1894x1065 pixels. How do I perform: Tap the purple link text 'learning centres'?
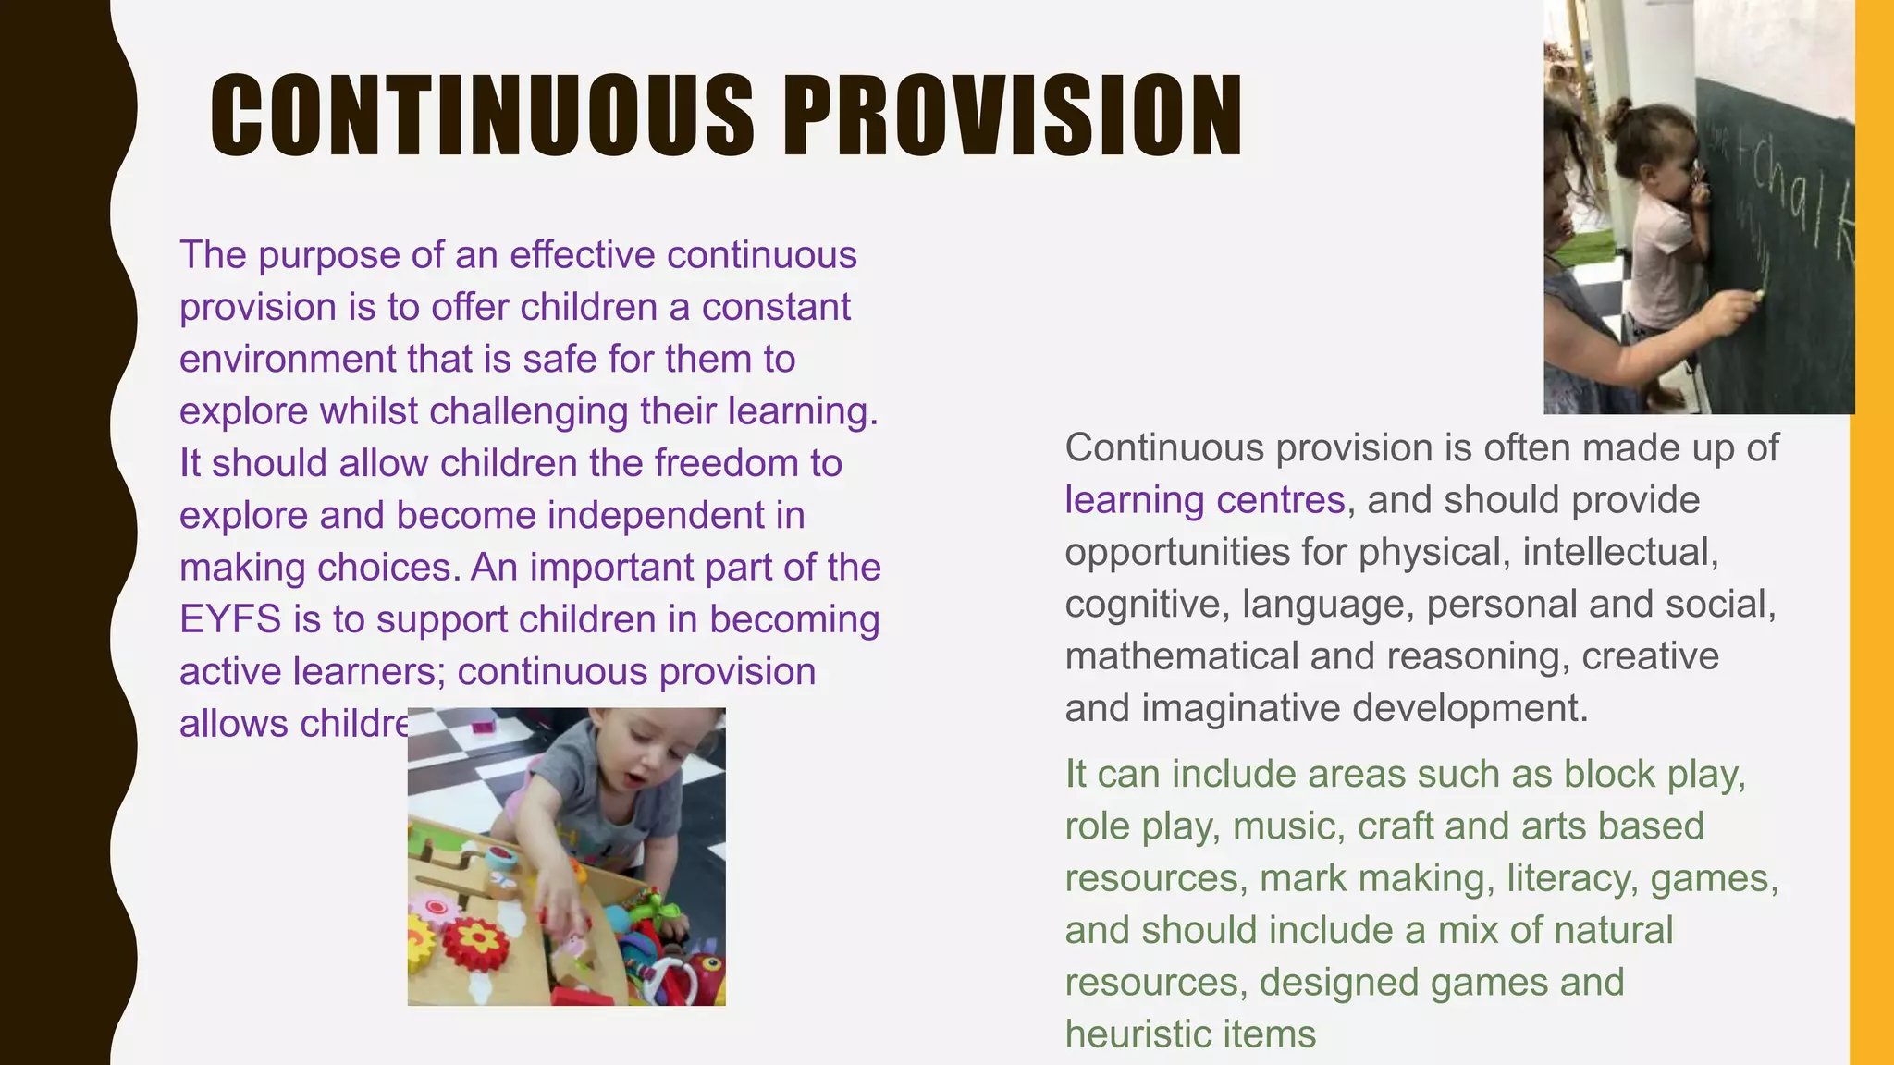pos(1204,500)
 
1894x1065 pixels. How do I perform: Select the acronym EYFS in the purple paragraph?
pos(229,619)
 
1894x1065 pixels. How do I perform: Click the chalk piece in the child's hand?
pos(1758,295)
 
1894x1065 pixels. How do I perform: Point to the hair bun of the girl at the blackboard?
pos(1619,116)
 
